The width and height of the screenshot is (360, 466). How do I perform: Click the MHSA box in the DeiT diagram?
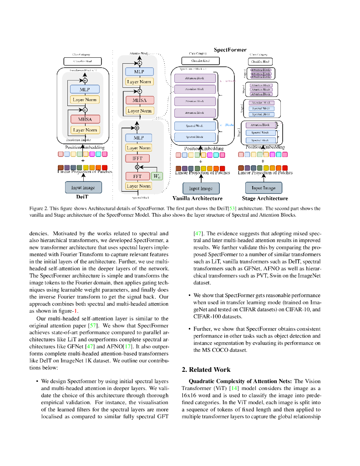85,119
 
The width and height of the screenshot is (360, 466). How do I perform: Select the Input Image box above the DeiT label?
83,187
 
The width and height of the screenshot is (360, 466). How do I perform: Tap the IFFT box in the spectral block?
137,159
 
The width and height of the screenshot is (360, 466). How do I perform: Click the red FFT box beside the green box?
137,176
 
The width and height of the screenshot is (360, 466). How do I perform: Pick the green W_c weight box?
157,176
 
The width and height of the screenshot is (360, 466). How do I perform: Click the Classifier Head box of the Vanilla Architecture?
200,61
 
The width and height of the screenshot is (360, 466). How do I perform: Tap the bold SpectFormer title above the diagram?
230,50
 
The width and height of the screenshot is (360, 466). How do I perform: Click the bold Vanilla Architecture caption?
198,198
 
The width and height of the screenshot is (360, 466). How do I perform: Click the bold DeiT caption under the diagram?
83,198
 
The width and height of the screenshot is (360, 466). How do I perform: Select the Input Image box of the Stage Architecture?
264,187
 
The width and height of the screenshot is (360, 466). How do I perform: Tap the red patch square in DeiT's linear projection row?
105,167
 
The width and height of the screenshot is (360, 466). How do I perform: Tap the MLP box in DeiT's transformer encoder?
85,90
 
